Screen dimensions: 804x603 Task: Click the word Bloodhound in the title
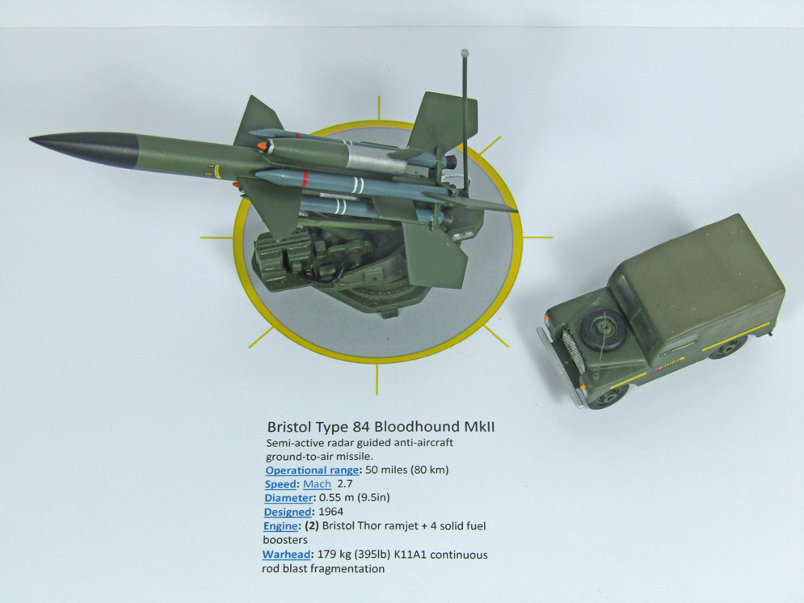point(416,427)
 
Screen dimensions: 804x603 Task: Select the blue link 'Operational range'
point(312,470)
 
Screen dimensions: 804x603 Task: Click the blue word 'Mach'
point(317,484)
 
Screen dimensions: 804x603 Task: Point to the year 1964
point(330,512)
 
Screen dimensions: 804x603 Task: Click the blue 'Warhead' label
point(286,555)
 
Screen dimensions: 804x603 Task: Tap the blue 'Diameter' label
point(288,498)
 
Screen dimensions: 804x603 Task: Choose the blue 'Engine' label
point(280,526)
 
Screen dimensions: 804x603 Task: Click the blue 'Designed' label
point(288,512)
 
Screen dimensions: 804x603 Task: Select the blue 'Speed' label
point(280,484)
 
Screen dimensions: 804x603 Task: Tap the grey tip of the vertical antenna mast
point(465,53)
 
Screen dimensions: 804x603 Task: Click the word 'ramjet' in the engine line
point(396,526)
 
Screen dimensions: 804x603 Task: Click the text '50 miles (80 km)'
point(407,470)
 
